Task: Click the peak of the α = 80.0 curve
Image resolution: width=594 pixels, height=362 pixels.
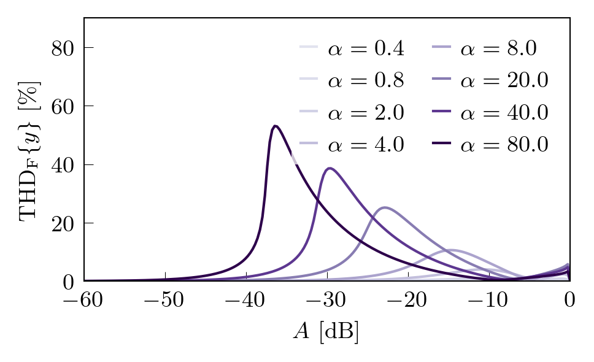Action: (276, 126)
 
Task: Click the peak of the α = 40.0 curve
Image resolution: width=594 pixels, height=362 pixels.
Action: (330, 168)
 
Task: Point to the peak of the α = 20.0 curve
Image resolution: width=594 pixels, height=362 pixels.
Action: (385, 207)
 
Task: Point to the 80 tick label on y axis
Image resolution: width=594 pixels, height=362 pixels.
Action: (63, 48)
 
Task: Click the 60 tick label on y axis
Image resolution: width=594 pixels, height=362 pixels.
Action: (63, 106)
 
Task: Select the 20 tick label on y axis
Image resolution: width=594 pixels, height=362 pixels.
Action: (63, 223)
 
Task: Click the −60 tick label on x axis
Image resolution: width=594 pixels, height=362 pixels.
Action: (84, 301)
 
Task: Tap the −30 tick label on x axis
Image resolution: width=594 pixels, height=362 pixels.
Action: (326, 301)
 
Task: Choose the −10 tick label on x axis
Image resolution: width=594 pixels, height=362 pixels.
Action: (488, 301)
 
